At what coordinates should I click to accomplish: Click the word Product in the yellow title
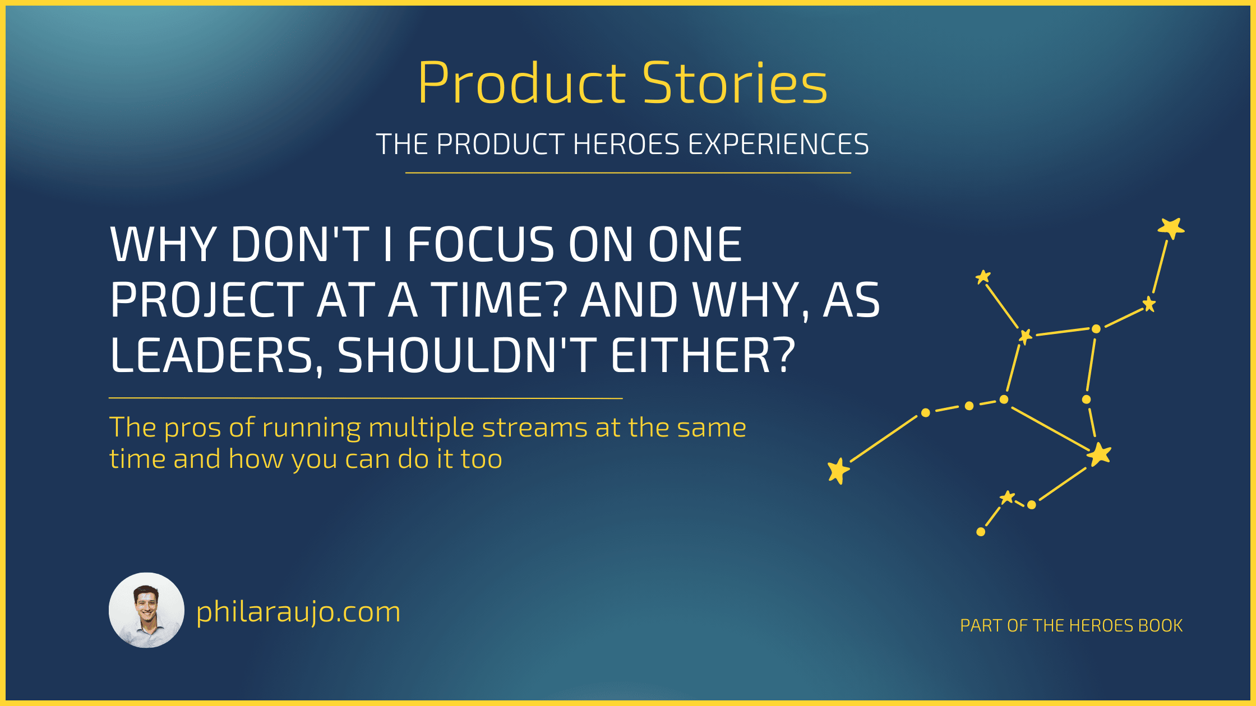pyautogui.click(x=521, y=83)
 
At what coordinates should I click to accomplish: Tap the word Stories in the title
pyautogui.click(x=735, y=83)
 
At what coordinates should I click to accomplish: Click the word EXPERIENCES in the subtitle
pyautogui.click(x=778, y=145)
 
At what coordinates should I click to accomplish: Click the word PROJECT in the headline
pyautogui.click(x=207, y=300)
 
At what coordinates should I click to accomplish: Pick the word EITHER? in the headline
pyautogui.click(x=703, y=355)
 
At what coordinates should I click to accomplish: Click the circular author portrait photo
pyautogui.click(x=146, y=610)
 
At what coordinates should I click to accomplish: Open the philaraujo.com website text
pyautogui.click(x=298, y=612)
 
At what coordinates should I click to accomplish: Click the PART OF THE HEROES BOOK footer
pyautogui.click(x=1072, y=625)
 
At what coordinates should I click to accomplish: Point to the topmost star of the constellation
pyautogui.click(x=1171, y=228)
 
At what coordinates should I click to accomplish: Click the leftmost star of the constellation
pyautogui.click(x=839, y=471)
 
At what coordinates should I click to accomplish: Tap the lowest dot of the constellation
pyautogui.click(x=981, y=532)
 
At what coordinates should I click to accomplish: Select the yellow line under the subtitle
pyautogui.click(x=628, y=173)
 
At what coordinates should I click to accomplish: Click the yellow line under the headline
pyautogui.click(x=366, y=398)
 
